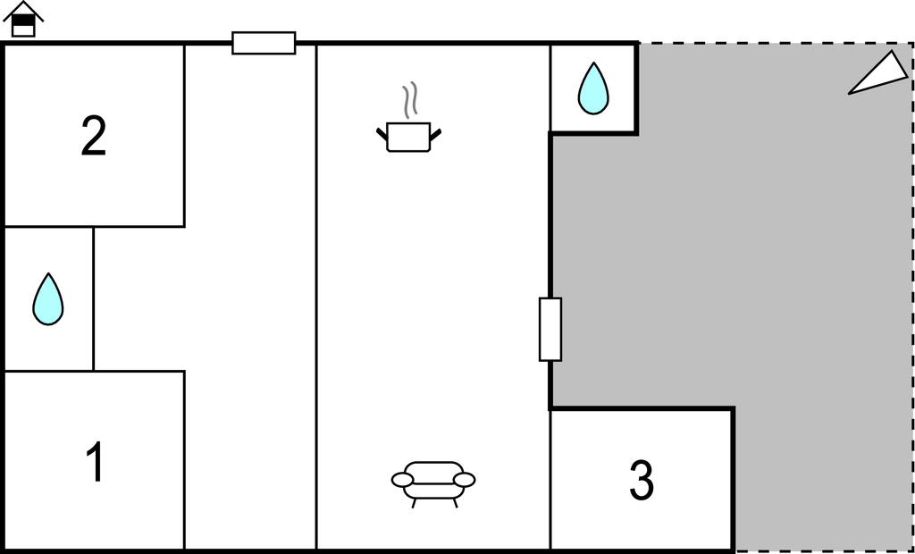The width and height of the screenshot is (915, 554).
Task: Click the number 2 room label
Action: (93, 136)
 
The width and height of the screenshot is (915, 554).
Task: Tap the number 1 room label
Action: (95, 461)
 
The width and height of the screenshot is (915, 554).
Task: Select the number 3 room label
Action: (642, 480)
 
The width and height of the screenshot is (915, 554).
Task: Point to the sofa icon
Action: (433, 484)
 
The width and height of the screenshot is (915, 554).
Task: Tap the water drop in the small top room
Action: (593, 88)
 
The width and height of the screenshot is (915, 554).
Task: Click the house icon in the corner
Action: (23, 20)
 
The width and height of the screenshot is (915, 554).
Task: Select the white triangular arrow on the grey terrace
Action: (878, 73)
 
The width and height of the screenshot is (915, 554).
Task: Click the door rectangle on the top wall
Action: (264, 43)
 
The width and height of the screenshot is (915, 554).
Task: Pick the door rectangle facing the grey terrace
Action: (550, 329)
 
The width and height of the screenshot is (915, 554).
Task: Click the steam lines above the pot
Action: (410, 100)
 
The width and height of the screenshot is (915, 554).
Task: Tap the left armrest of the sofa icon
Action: (403, 480)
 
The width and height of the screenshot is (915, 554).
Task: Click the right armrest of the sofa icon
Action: (464, 480)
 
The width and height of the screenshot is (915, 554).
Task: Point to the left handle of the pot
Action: (382, 134)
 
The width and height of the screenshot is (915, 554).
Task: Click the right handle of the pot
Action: (435, 134)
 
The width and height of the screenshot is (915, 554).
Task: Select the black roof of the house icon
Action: (23, 11)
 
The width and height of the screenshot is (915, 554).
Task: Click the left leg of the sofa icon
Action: (415, 503)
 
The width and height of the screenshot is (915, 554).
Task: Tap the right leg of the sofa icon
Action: (455, 503)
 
